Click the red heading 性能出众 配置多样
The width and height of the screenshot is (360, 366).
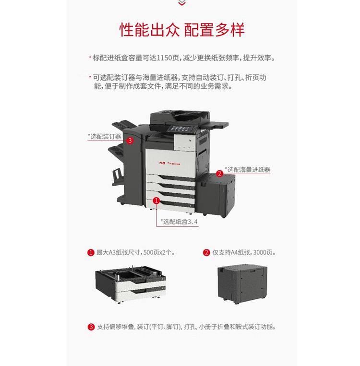click(x=181, y=29)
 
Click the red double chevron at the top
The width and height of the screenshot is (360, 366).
click(x=181, y=3)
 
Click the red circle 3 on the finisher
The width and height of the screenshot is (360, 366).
click(x=130, y=141)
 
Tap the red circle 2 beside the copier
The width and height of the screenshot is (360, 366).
click(x=219, y=173)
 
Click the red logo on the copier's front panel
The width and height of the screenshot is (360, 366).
click(x=161, y=163)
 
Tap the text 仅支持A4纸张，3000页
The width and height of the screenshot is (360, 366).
click(x=244, y=252)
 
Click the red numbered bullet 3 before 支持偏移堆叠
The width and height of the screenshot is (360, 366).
click(x=91, y=327)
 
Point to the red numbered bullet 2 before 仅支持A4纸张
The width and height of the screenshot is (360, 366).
click(x=206, y=252)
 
